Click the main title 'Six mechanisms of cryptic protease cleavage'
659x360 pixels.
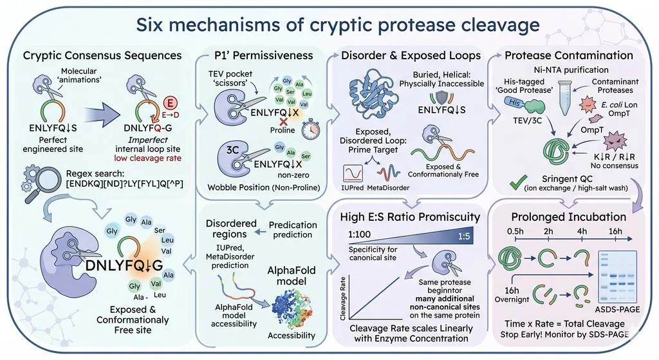[x=337, y=25]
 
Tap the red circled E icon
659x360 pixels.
[x=170, y=102]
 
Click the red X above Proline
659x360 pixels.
[x=284, y=121]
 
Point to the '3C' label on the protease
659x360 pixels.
[x=232, y=150]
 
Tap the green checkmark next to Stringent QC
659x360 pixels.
[x=518, y=182]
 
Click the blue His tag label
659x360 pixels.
[x=514, y=102]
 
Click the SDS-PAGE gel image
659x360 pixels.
[x=617, y=277]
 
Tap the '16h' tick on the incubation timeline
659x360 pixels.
[x=615, y=238]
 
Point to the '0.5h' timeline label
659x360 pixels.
[x=515, y=231]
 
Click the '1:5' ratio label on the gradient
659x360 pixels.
[x=463, y=236]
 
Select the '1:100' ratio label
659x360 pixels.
[x=359, y=234]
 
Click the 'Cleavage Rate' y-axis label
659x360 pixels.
[x=344, y=299]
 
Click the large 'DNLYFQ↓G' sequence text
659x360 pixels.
[x=124, y=265]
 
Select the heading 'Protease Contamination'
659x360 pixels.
[x=569, y=55]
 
